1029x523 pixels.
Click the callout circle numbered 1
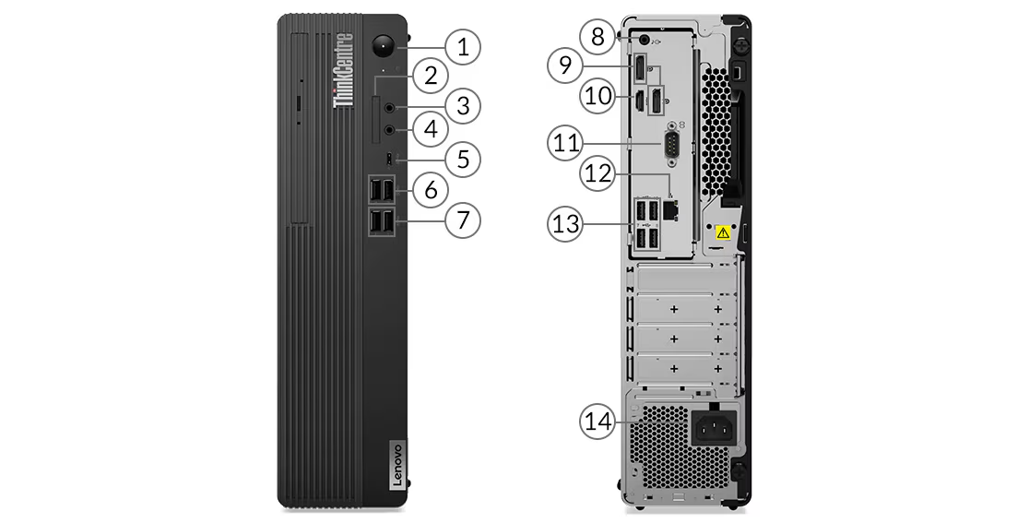[x=462, y=45]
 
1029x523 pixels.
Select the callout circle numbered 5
[x=462, y=159]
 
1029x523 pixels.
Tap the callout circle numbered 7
[x=462, y=220]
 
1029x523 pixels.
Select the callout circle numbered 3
[x=462, y=105]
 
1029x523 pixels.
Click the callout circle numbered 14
[x=597, y=422]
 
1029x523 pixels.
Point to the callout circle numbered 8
[x=598, y=37]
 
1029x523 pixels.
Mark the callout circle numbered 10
[x=598, y=96]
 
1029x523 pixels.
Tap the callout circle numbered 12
[x=598, y=172]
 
